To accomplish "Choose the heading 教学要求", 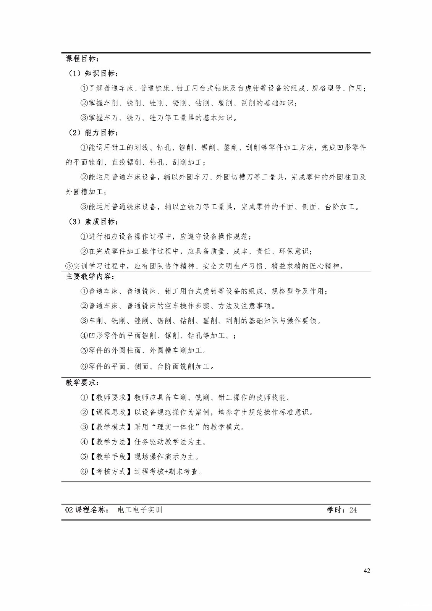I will [81, 383].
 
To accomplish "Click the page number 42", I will [367, 571].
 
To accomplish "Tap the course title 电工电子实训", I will [140, 510].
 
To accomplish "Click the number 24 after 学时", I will [353, 510].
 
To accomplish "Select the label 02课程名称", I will [86, 510].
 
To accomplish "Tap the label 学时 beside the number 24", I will [336, 510].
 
